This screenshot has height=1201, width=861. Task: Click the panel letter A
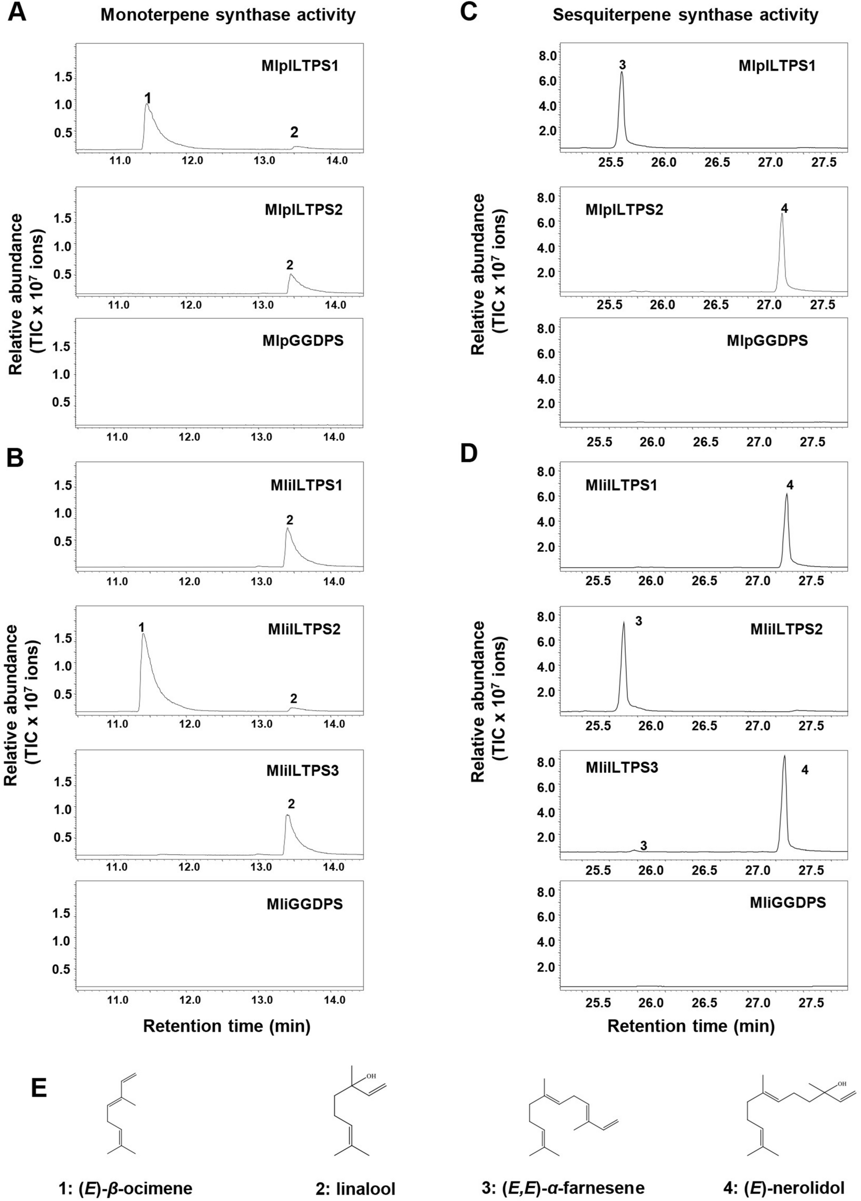point(17,13)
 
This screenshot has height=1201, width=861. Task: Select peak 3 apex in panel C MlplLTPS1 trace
point(622,73)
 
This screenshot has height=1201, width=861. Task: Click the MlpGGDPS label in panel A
point(303,341)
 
